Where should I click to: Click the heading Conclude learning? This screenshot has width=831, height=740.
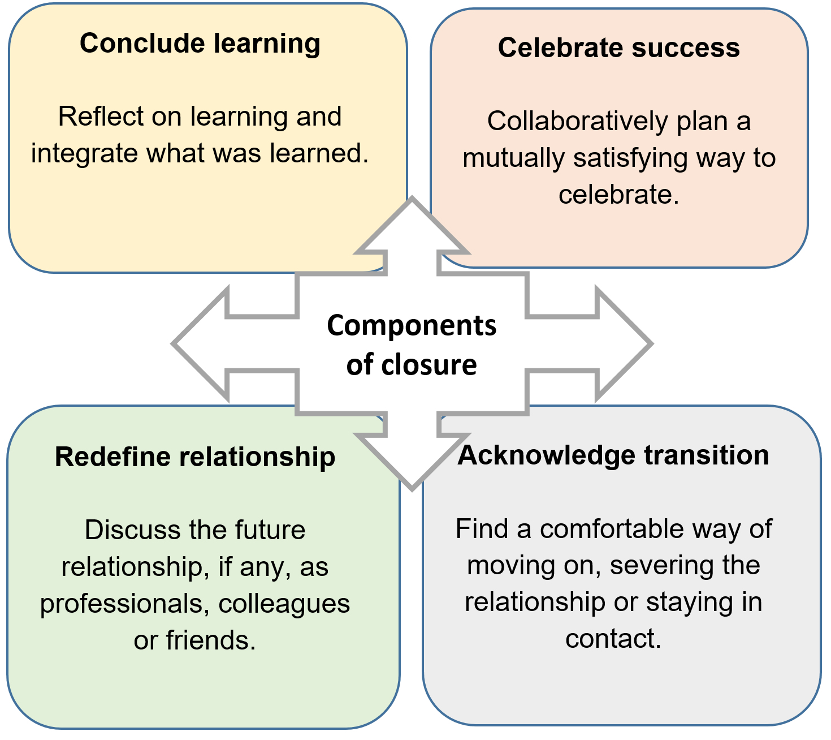(x=200, y=44)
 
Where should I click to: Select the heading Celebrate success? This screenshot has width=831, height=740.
(x=618, y=48)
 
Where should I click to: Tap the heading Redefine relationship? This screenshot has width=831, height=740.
(x=195, y=457)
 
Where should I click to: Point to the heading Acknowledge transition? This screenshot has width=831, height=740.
(x=613, y=455)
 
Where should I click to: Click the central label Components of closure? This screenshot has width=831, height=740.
(x=412, y=345)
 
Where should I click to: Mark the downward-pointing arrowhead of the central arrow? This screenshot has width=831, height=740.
(x=412, y=458)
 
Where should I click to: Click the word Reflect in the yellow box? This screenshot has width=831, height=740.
(x=94, y=117)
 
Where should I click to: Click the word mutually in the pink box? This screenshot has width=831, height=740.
(x=513, y=158)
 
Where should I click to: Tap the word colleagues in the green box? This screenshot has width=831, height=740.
(x=284, y=604)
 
